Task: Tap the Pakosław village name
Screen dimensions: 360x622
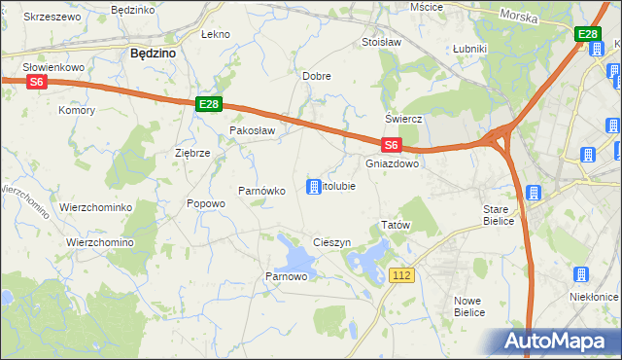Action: tap(253, 129)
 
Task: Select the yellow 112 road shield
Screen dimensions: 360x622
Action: tap(402, 275)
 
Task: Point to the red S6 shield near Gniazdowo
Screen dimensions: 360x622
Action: tap(391, 145)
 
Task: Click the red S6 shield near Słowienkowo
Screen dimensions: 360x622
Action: tap(36, 83)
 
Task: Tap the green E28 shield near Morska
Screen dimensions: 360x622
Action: tap(587, 35)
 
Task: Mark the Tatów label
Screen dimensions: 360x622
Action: tap(397, 225)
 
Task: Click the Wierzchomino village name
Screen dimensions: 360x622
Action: tap(100, 242)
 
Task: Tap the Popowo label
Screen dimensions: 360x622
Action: tap(206, 203)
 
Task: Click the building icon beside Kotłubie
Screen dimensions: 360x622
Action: tap(314, 186)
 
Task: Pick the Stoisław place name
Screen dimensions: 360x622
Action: tap(381, 43)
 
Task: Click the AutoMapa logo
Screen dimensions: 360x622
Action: tap(556, 342)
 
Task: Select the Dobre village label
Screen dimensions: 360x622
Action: tap(317, 75)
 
